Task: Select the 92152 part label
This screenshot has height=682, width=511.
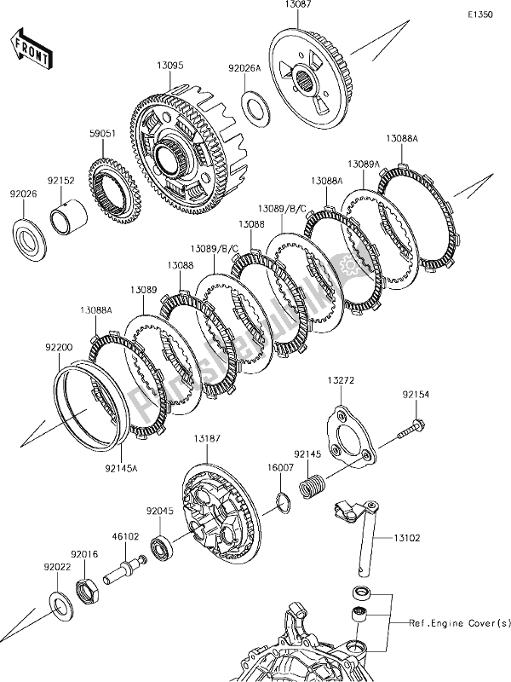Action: [60, 182]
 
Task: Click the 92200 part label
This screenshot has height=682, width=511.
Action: [49, 348]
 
